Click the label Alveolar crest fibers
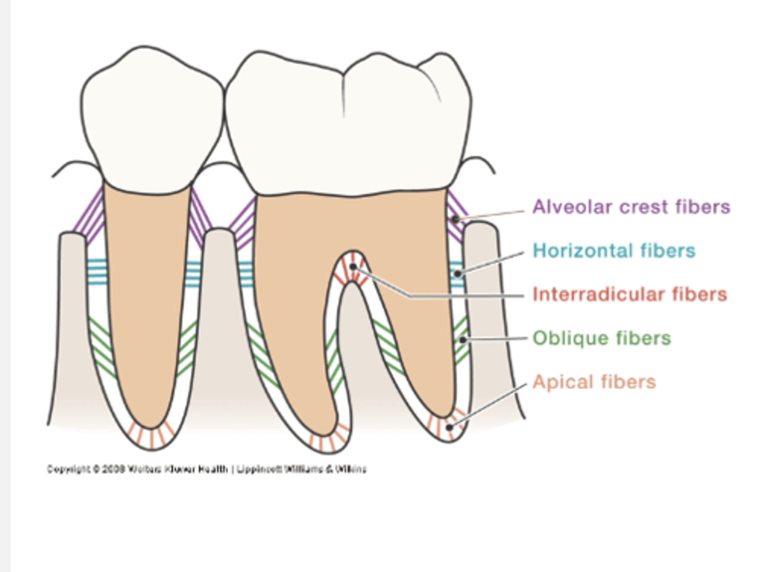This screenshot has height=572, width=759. (x=631, y=207)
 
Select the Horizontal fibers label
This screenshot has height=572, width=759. (x=614, y=250)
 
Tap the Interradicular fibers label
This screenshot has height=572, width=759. (x=629, y=294)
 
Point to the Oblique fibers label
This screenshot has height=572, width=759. (x=601, y=338)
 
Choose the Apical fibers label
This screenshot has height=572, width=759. (x=594, y=382)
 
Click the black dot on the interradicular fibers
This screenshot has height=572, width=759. (x=353, y=267)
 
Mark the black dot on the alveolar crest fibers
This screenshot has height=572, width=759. (x=455, y=219)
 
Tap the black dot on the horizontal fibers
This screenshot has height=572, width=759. (x=458, y=274)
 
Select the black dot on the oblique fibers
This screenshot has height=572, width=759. (x=462, y=340)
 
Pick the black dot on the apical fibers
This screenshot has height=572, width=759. (x=449, y=427)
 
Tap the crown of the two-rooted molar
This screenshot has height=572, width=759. (x=348, y=127)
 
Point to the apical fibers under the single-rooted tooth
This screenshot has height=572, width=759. (x=152, y=435)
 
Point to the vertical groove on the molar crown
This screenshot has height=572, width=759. (x=344, y=95)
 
